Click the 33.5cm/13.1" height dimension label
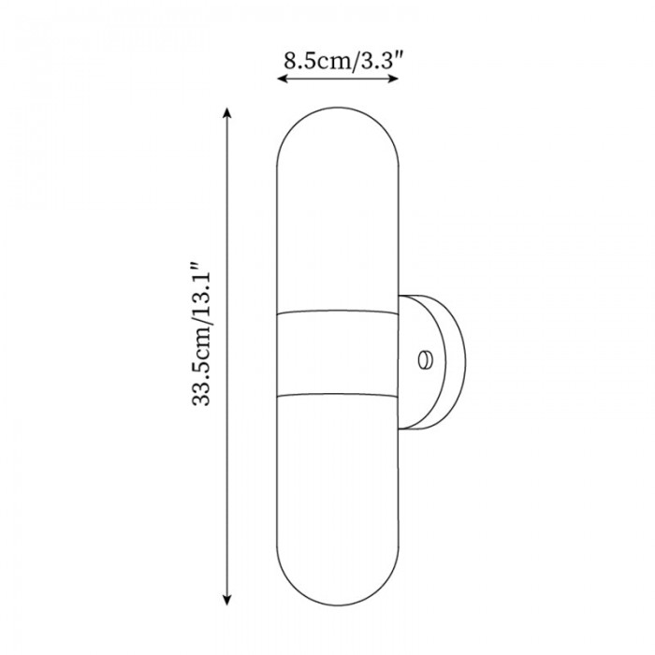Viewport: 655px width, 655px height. coord(200,334)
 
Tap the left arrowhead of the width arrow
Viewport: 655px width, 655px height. coord(283,78)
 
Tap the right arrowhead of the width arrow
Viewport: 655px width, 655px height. coord(394,78)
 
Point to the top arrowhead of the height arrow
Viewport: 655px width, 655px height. coord(226,113)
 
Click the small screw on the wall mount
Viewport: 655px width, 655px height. coord(425,360)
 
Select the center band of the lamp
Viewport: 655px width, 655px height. coord(338,353)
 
